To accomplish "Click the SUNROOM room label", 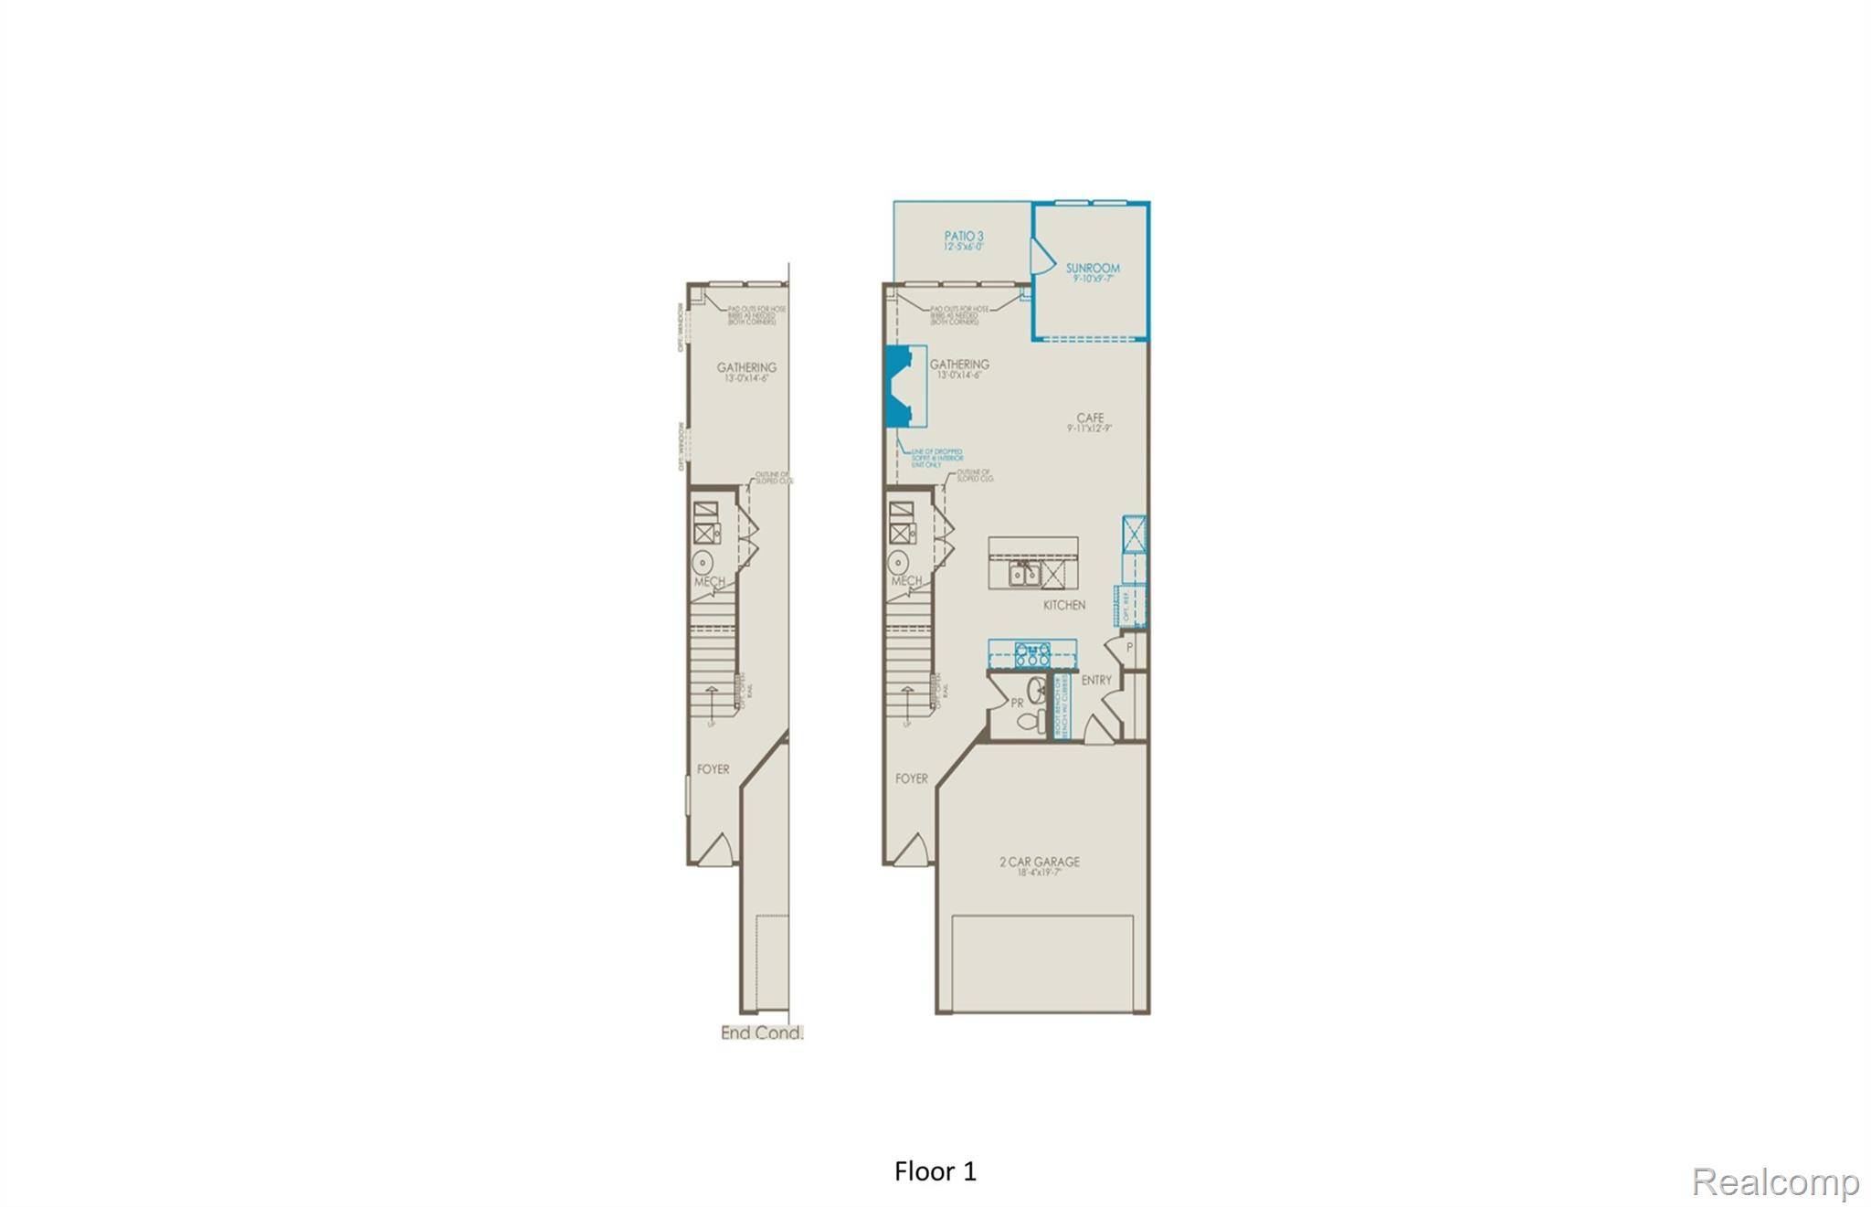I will (x=1093, y=269).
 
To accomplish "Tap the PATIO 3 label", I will (x=964, y=237).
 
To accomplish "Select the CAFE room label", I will (x=1090, y=418).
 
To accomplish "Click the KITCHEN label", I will (x=1064, y=605).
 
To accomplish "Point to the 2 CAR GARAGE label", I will (x=1039, y=862).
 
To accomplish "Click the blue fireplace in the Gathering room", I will (x=900, y=385).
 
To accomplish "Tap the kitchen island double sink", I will (x=1023, y=574).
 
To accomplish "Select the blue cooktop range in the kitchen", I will (x=1032, y=653).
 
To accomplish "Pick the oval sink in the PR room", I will (x=1037, y=689).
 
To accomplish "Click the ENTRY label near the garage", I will (x=1096, y=680).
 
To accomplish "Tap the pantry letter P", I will (x=1130, y=647).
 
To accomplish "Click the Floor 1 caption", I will (x=935, y=1171).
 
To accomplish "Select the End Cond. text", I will (x=762, y=1033).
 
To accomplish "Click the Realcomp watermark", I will (x=1775, y=1182).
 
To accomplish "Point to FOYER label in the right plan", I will (x=911, y=778).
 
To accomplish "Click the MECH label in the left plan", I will (x=709, y=581).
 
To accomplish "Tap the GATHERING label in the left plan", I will (x=746, y=367).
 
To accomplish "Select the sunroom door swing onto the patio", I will (x=1041, y=256).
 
